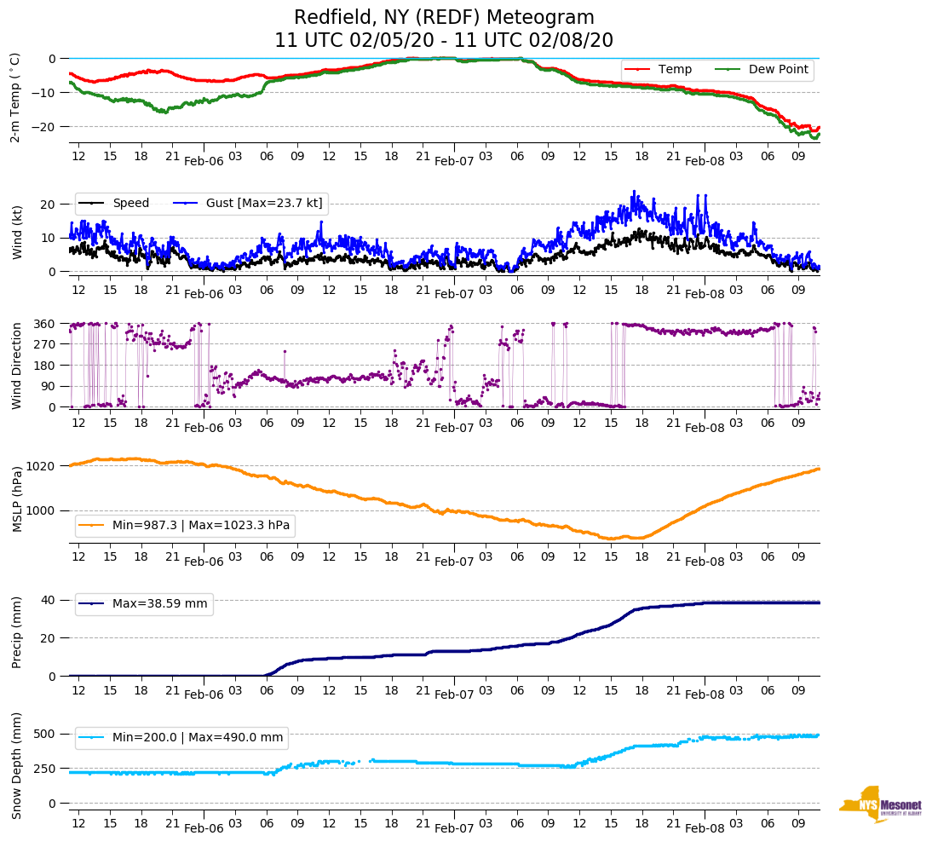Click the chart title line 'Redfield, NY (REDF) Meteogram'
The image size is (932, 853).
click(444, 18)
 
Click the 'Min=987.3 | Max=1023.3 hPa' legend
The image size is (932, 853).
click(201, 526)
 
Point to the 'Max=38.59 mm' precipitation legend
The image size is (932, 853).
click(159, 603)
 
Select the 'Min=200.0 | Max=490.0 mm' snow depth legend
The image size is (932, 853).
click(198, 737)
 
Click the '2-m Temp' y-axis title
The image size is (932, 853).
click(15, 97)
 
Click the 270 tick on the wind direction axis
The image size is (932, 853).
click(44, 344)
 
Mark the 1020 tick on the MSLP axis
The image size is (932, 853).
click(41, 466)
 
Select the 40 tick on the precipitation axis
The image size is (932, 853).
click(49, 600)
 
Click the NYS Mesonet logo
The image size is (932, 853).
click(880, 804)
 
